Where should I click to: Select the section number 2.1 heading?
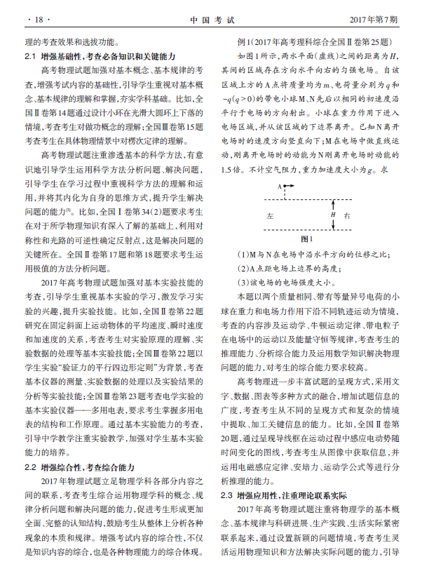(x=32, y=55)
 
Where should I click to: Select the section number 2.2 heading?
(x=32, y=465)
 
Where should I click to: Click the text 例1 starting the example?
(x=245, y=41)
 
